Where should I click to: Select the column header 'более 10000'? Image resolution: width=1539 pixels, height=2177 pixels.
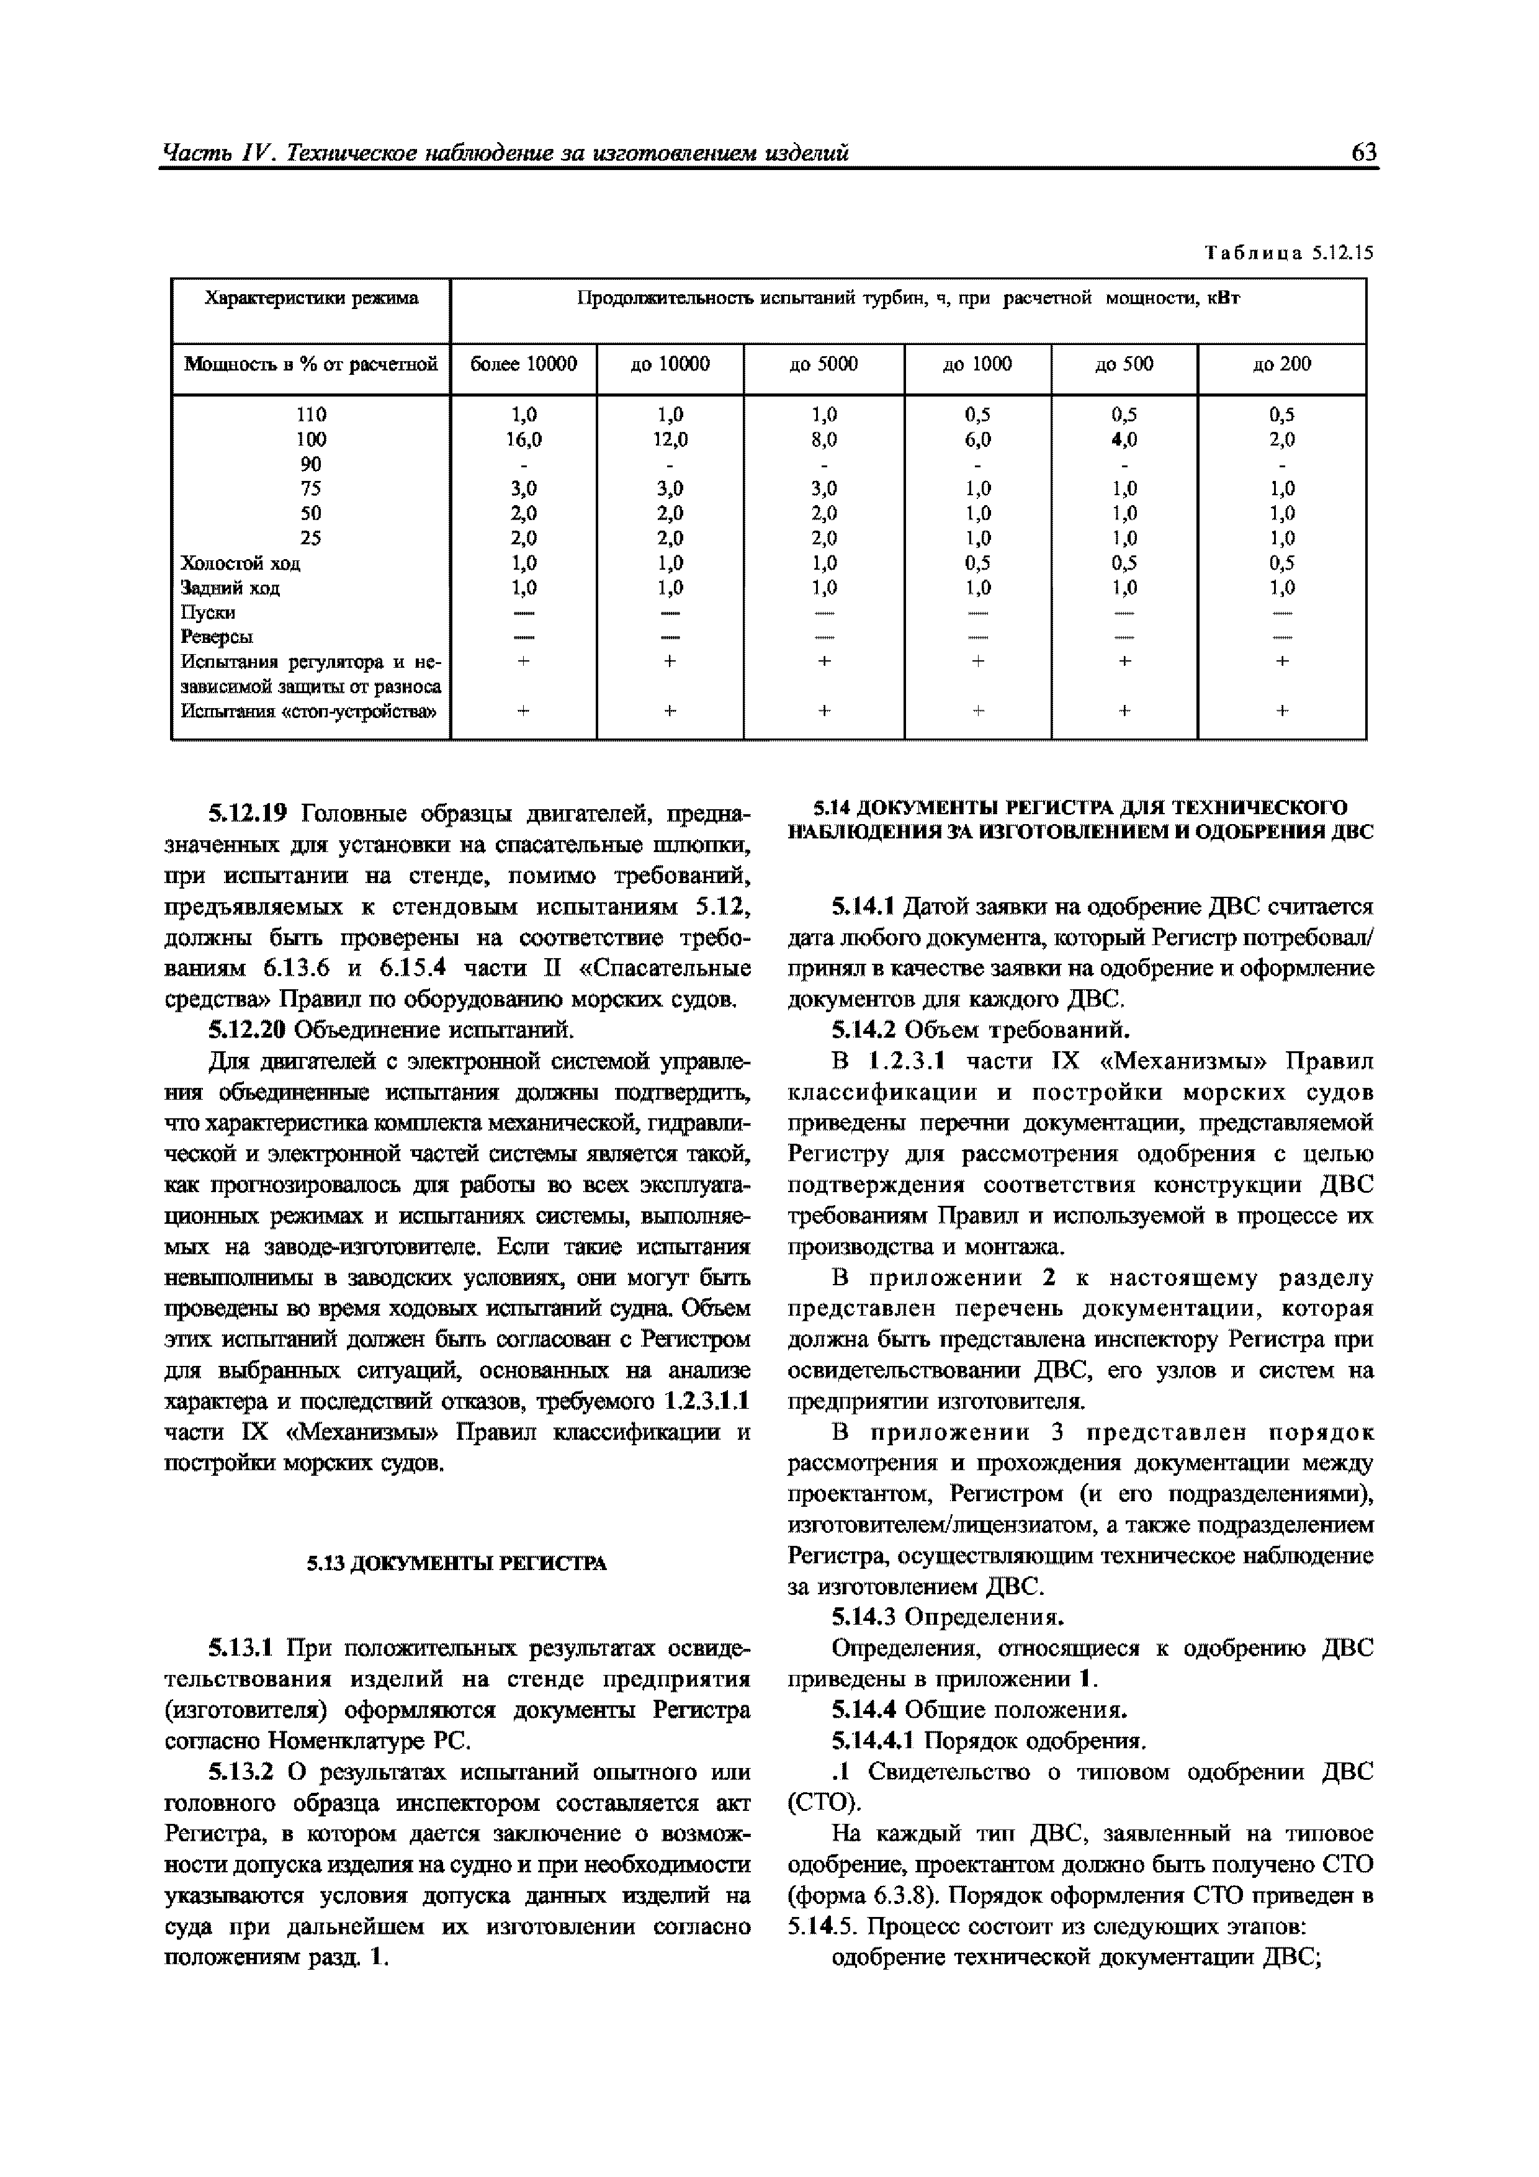(523, 364)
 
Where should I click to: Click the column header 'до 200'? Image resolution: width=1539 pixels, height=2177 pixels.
(1282, 364)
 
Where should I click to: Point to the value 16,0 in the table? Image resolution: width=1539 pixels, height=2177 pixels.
(523, 439)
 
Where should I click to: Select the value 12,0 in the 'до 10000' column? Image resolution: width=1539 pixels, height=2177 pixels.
(670, 439)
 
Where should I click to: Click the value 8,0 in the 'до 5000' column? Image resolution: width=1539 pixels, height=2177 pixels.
(824, 439)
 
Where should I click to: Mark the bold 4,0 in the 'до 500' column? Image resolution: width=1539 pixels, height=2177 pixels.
(1124, 439)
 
